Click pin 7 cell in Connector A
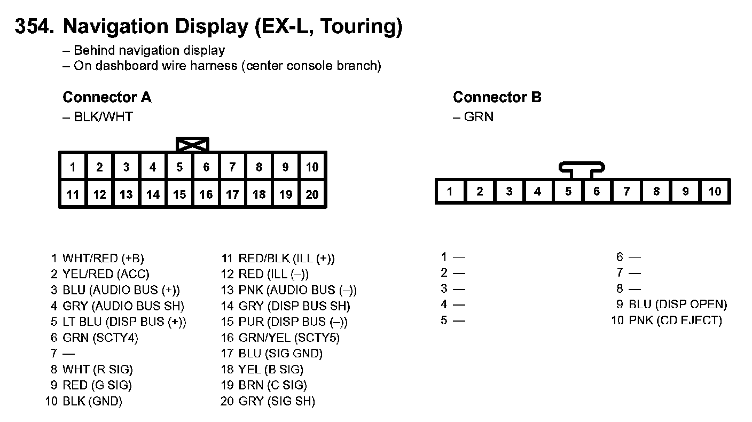pos(232,167)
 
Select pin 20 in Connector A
pos(312,194)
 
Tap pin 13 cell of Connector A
pos(126,194)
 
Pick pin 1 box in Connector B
pos(450,192)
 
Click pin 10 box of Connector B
pos(715,192)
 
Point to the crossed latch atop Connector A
pos(192,144)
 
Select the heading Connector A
pos(107,97)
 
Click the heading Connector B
pos(497,97)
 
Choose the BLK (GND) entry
pos(92,401)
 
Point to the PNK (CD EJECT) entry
pos(675,321)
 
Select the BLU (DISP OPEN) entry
pos(677,304)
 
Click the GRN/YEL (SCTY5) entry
pos(288,338)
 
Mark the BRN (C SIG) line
pos(272,385)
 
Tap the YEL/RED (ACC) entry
pos(106,275)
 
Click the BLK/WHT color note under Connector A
pos(103,116)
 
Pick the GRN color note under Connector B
pos(478,116)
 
